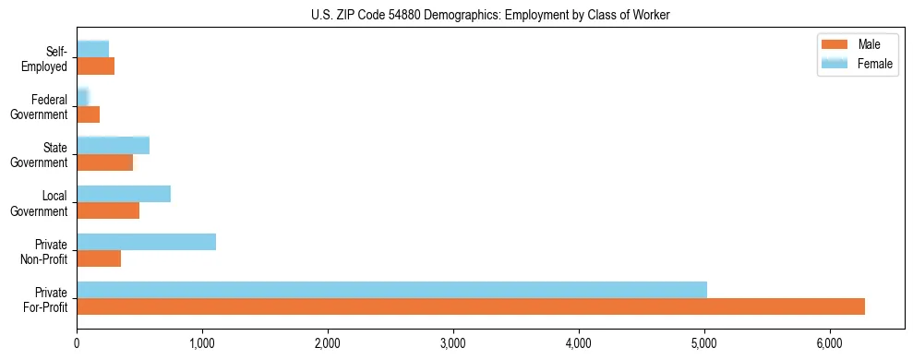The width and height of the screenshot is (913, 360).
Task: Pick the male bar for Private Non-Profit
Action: tap(99, 258)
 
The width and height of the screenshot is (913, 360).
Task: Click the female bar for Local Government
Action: tap(124, 194)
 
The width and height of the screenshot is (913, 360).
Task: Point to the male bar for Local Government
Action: tap(108, 210)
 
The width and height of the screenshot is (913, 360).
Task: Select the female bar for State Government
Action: tap(113, 146)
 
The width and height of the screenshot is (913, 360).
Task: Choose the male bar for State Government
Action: tap(104, 162)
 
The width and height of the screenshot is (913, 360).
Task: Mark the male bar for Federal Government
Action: tap(88, 114)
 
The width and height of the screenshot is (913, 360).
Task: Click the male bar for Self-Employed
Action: tap(95, 66)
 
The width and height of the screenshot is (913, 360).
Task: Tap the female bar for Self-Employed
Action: tap(92, 49)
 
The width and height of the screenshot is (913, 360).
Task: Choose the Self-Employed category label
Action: tap(48, 58)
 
